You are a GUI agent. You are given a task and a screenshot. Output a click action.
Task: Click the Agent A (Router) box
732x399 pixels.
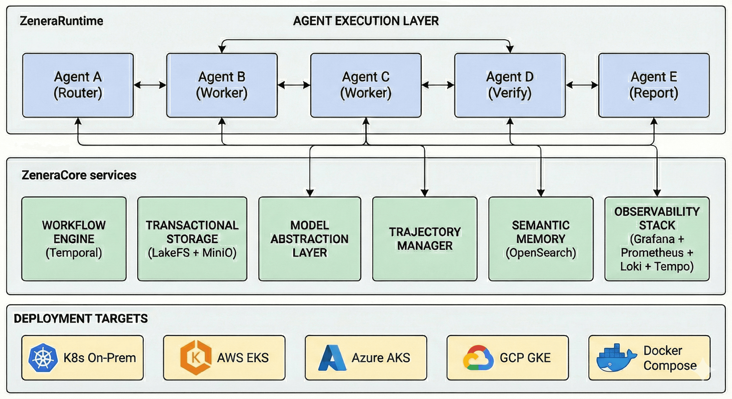pyautogui.click(x=78, y=85)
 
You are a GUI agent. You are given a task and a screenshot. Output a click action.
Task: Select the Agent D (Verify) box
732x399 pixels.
pyautogui.click(x=510, y=85)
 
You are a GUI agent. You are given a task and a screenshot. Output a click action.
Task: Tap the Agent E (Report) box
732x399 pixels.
pyautogui.click(x=654, y=85)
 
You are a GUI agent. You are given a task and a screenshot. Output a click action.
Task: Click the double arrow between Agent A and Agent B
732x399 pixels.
pyautogui.click(x=150, y=85)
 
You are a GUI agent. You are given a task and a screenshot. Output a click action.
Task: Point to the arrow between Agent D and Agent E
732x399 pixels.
pyautogui.click(x=582, y=85)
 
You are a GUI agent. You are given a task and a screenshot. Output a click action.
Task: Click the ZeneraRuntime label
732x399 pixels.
pyautogui.click(x=61, y=21)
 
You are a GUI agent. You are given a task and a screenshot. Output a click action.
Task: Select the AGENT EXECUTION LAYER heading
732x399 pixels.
pyautogui.click(x=366, y=21)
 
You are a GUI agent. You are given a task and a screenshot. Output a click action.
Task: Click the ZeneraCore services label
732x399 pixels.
pyautogui.click(x=79, y=175)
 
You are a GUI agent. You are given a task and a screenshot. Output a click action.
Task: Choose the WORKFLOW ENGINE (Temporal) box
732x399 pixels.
pyautogui.click(x=74, y=239)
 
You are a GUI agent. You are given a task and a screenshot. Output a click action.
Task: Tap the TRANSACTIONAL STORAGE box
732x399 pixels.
pyautogui.click(x=192, y=239)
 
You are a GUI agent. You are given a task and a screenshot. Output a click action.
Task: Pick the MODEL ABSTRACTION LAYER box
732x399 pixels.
pyautogui.click(x=310, y=239)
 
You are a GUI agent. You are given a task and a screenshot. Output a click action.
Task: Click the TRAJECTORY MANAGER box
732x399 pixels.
pyautogui.click(x=424, y=239)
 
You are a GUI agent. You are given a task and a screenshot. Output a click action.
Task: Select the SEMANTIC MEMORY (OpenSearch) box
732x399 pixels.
pyautogui.click(x=541, y=239)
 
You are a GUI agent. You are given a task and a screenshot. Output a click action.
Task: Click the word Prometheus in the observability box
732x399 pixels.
pyautogui.click(x=652, y=252)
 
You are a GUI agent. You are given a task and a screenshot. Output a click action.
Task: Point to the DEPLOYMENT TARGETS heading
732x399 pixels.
pyautogui.click(x=81, y=319)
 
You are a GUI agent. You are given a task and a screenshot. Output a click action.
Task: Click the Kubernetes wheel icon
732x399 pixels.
pyautogui.click(x=43, y=358)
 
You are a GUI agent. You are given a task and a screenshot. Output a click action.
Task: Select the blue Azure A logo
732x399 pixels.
pyautogui.click(x=332, y=358)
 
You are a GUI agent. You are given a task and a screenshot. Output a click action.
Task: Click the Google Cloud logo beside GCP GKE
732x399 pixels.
pyautogui.click(x=478, y=358)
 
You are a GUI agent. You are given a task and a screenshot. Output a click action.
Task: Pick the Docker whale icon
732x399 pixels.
pyautogui.click(x=616, y=358)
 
